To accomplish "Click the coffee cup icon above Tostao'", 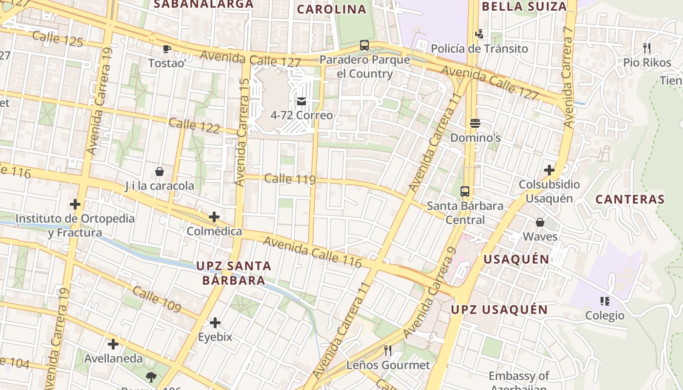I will coord(166,48).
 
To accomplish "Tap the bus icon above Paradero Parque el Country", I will coord(364,45).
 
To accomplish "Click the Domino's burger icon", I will coord(475,123).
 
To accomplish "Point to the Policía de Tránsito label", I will coord(479,49).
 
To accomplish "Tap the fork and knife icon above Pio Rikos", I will coord(647,48).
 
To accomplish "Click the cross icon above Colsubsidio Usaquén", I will coord(549,170).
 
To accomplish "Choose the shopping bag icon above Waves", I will coord(540,222).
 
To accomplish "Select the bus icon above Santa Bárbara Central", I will coord(465,192).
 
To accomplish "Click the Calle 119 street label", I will coord(290,179).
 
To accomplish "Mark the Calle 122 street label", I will coord(194,125).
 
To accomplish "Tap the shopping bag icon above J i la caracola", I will coord(159,172).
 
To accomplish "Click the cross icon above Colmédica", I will coord(214,217).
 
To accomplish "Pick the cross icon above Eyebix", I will coord(215,323).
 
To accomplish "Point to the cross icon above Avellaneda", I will coord(113,344).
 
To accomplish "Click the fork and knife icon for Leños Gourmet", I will coord(388,351).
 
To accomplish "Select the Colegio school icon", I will coord(605,301).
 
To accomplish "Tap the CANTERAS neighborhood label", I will coord(630,199).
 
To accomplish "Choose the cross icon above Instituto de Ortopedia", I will coord(75,204).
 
